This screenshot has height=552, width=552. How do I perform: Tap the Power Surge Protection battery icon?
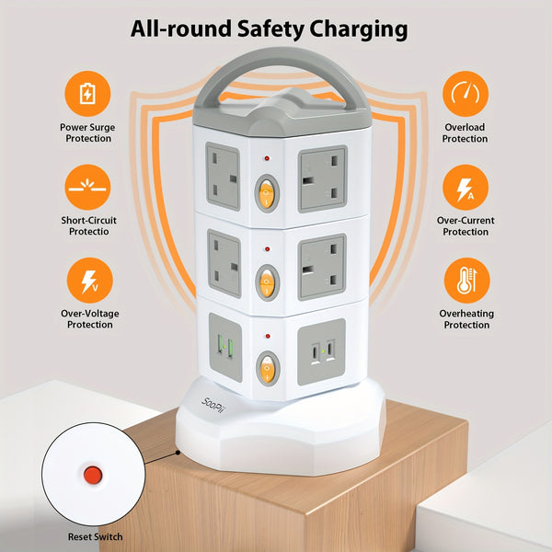86,93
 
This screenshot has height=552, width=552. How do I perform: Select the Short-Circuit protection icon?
86,186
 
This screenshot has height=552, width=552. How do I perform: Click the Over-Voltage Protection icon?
86,279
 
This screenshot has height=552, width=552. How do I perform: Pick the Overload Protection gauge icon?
465,93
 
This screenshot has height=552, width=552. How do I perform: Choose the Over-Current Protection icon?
465,187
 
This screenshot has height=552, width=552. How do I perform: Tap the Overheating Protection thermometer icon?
465,280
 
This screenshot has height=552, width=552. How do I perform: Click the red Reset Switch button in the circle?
92,475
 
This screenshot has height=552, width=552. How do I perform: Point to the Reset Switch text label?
94,536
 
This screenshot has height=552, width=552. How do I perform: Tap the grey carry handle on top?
276,78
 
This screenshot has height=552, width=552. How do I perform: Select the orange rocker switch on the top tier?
268,191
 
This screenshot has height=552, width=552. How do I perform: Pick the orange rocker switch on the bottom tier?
268,370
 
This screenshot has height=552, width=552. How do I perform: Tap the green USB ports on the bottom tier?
225,351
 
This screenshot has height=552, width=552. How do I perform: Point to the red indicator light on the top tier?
267,158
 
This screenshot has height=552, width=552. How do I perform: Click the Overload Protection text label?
465,132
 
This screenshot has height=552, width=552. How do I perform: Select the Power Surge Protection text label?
86,132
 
